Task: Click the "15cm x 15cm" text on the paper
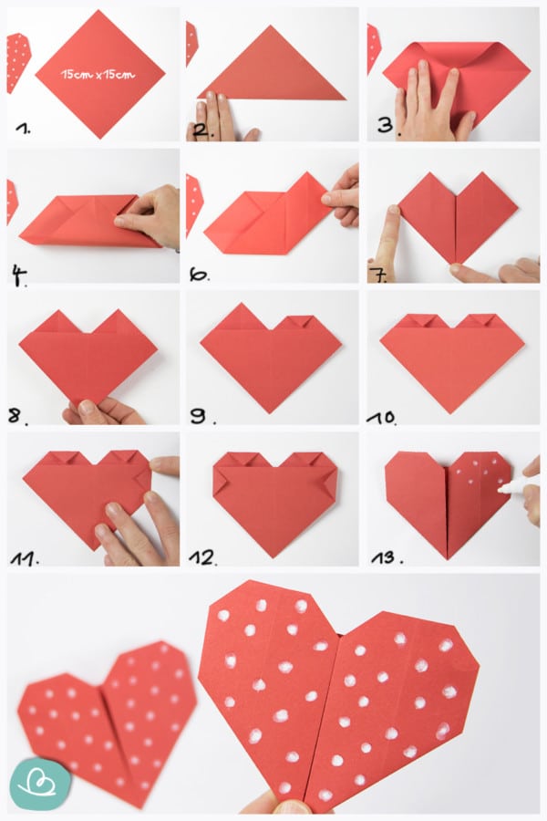(98, 75)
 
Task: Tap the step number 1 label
(23, 129)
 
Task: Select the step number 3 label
(387, 126)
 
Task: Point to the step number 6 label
(200, 275)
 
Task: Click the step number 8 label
(17, 416)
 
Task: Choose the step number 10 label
(382, 417)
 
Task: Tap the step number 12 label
(202, 558)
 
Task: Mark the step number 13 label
(387, 557)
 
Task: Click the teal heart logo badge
(40, 784)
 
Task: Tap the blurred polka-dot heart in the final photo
(108, 720)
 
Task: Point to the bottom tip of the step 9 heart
(271, 413)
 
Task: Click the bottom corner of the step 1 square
(99, 139)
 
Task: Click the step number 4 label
(19, 275)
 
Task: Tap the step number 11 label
(24, 558)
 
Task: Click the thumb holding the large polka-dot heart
(282, 805)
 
